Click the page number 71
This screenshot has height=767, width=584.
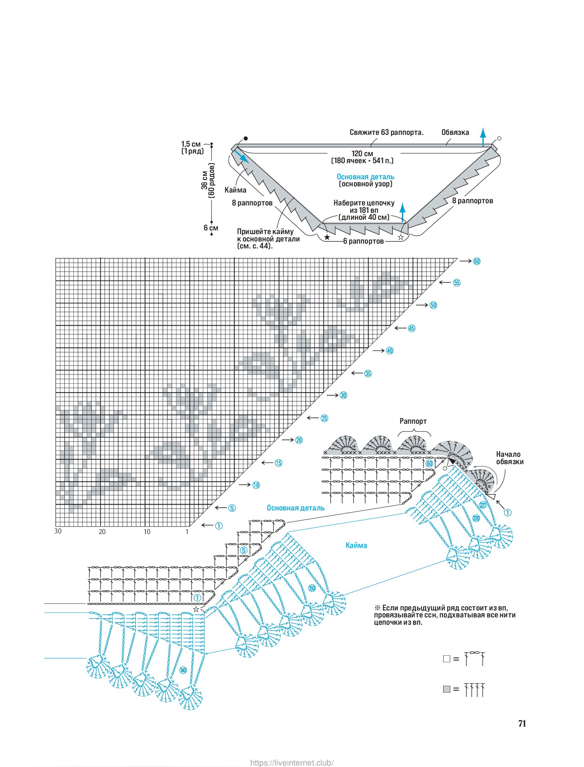[x=522, y=723]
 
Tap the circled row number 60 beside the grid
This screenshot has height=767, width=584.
[x=476, y=261]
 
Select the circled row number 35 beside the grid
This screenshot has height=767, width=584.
[x=368, y=374]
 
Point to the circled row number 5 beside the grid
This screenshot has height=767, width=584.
[x=232, y=508]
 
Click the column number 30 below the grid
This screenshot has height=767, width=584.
[x=58, y=531]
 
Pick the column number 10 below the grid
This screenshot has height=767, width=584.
[x=147, y=532]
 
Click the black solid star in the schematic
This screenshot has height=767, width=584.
[x=327, y=237]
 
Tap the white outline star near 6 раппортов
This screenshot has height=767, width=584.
[x=401, y=237]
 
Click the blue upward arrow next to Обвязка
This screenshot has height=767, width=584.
[x=483, y=137]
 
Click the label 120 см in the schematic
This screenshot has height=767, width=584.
[x=362, y=154]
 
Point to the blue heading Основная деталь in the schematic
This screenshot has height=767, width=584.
[x=366, y=177]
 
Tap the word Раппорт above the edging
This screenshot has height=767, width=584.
[x=413, y=421]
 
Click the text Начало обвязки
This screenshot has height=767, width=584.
[x=509, y=458]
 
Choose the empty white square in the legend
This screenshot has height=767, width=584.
[x=446, y=659]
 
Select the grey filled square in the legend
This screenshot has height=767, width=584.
[x=446, y=689]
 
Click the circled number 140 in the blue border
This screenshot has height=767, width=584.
[x=183, y=670]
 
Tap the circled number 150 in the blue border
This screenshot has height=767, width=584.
[x=312, y=588]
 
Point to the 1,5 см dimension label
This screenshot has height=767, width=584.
[x=191, y=144]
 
